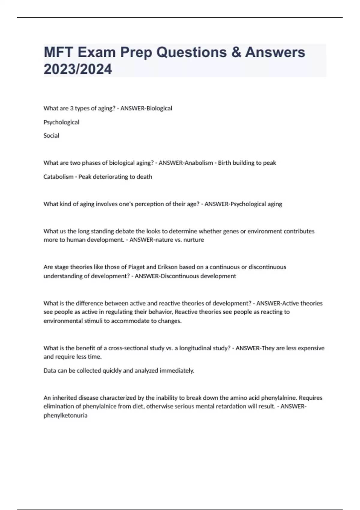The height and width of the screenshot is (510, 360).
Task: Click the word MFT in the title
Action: pos(58,52)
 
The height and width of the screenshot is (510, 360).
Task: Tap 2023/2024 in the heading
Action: pos(78,69)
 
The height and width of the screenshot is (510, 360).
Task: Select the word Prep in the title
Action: pos(136,52)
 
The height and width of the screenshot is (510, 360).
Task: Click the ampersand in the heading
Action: pos(236,52)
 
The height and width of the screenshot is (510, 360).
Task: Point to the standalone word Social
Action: pos(51,136)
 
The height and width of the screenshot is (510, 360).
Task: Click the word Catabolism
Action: pos(58,177)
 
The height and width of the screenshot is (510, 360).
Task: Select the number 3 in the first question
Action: pos(72,108)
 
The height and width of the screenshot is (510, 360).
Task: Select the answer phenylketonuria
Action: pos(65,415)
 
